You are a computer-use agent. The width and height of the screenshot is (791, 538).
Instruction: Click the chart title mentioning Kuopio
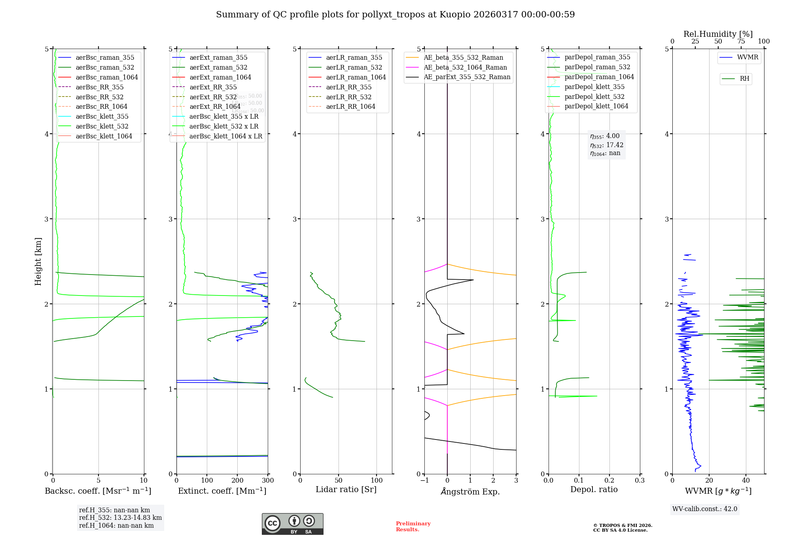395,15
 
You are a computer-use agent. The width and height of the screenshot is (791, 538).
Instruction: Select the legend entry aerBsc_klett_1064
104,136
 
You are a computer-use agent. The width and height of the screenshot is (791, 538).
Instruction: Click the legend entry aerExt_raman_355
218,58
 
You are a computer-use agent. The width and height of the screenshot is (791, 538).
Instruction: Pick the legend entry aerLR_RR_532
348,97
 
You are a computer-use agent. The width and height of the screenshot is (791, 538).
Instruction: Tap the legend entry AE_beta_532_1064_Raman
465,67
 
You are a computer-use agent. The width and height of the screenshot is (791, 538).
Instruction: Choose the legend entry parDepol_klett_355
594,87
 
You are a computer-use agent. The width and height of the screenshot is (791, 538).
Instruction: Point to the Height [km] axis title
38,261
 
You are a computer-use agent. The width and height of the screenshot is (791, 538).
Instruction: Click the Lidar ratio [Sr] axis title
346,489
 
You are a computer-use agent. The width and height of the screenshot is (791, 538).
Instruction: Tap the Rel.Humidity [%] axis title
718,34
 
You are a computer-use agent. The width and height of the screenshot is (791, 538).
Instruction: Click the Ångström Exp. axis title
470,491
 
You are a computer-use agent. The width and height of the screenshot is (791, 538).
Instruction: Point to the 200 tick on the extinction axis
237,480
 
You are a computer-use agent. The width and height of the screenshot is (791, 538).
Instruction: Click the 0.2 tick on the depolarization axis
609,480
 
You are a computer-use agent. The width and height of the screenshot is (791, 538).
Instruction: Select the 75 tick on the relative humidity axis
741,42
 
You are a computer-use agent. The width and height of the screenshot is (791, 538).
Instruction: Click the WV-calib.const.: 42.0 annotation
705,509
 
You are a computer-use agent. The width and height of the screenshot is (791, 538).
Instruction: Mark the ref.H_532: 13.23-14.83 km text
120,517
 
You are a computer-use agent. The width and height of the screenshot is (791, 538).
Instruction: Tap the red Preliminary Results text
413,527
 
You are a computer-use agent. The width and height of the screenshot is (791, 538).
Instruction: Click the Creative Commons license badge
292,524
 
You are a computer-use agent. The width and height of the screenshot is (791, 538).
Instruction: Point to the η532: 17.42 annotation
606,145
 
